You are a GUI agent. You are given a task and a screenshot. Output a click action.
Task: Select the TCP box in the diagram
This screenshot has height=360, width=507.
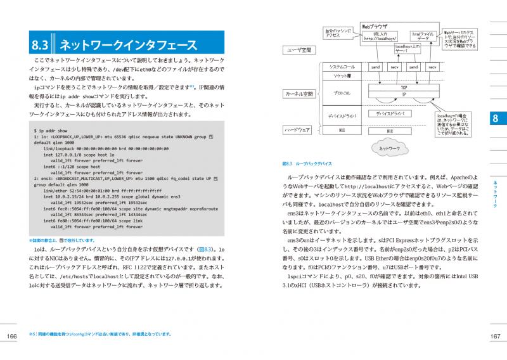coord(403,86)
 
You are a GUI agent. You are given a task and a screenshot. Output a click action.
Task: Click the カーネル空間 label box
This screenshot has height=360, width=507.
coord(299,94)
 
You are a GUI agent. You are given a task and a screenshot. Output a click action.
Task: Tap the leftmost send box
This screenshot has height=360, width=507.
coord(375,66)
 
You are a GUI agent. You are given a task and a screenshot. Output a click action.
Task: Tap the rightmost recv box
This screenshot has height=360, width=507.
coord(432,66)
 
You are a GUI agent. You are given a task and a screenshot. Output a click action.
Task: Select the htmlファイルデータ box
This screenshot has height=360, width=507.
coord(423,35)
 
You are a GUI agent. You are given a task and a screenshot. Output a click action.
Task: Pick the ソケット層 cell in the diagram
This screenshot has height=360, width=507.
coord(342,75)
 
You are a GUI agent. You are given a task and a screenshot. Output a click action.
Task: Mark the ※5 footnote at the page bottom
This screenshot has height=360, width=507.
coord(101,334)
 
